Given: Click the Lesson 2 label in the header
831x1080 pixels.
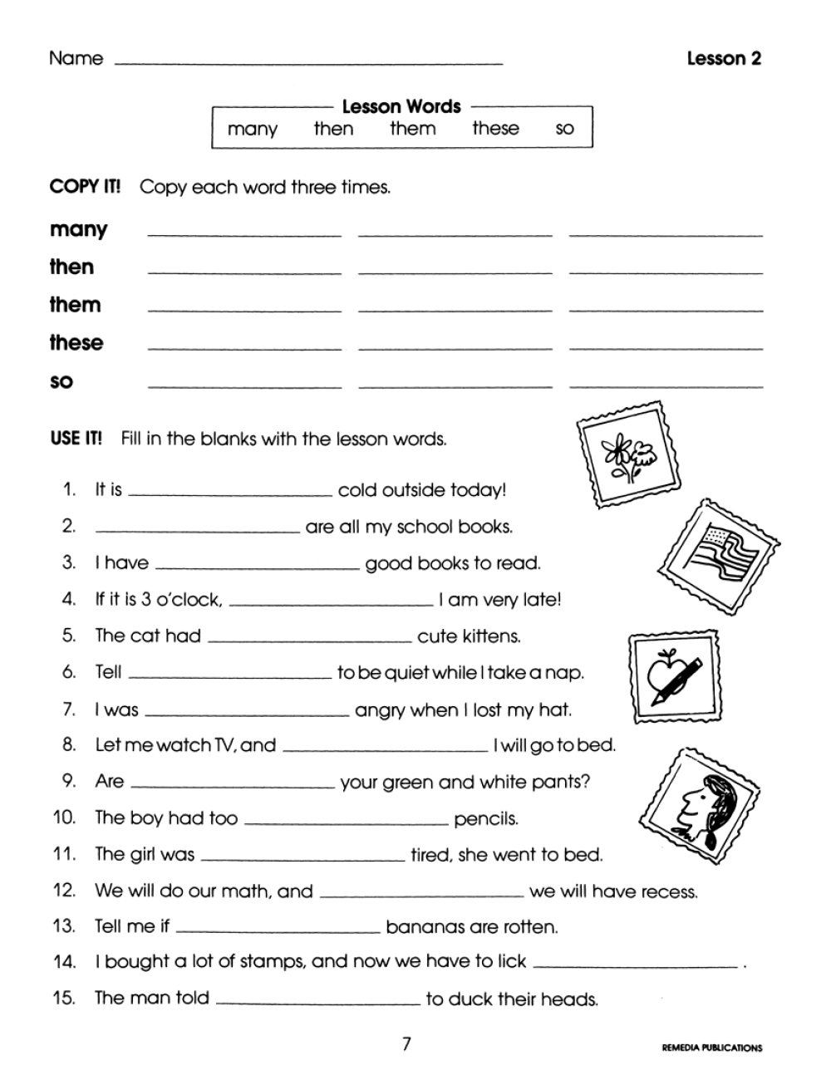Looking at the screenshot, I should coord(724,58).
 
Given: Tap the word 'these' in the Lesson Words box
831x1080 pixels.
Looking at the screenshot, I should coord(495,129).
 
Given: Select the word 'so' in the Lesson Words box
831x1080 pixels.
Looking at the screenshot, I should coord(564,130).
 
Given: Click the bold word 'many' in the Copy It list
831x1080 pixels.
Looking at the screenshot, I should coord(78,230).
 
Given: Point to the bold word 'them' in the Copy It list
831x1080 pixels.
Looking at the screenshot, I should coord(75,305).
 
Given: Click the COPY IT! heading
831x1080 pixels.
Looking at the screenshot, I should coord(85,187).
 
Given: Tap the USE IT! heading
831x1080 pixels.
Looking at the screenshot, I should coord(76,439).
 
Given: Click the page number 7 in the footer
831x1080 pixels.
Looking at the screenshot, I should coord(406,1044).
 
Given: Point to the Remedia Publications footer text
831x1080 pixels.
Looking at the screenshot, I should coord(711,1048).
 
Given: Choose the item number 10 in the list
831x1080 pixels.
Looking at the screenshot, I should coord(64,817).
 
